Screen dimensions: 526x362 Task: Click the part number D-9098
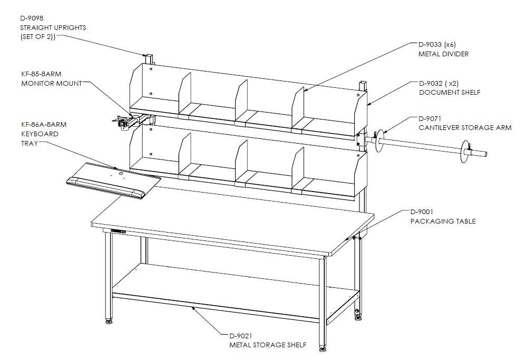(x=32, y=18)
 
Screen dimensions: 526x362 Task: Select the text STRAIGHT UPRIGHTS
(x=53, y=27)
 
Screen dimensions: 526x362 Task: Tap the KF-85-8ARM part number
(x=41, y=74)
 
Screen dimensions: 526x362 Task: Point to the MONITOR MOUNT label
(x=52, y=83)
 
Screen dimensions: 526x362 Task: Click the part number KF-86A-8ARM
(x=44, y=124)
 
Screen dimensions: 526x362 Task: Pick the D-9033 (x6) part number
(x=437, y=45)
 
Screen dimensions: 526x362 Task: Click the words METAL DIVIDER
(x=443, y=54)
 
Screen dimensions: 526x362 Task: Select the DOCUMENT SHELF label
(x=450, y=93)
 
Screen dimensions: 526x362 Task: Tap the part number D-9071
(x=430, y=118)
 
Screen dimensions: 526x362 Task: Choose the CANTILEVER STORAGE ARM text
(x=465, y=127)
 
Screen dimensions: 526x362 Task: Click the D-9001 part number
(x=422, y=212)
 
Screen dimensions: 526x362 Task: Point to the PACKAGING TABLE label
(x=443, y=222)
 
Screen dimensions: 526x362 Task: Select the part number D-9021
(x=241, y=336)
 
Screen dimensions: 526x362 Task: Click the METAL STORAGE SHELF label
(x=268, y=345)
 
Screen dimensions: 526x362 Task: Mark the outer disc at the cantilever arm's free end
(x=465, y=152)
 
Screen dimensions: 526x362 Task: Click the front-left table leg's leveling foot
(x=109, y=322)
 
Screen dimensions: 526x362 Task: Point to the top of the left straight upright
(x=149, y=55)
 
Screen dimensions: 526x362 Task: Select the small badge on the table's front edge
(x=118, y=231)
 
